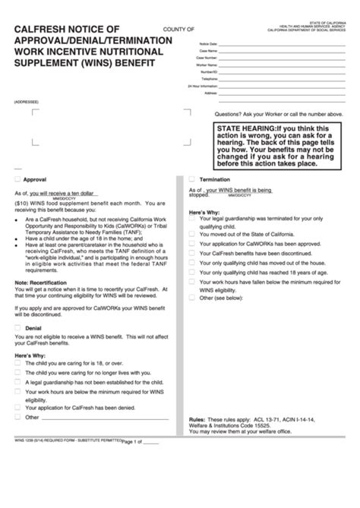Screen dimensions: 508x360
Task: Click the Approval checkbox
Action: pos(17,180)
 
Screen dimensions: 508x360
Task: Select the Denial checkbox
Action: pos(17,327)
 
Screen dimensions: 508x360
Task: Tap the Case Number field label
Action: pos(206,58)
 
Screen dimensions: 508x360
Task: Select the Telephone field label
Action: pos(208,79)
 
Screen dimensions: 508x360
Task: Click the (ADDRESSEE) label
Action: pos(26,102)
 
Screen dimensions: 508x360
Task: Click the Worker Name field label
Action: pos(205,65)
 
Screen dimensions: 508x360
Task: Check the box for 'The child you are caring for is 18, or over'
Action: pos(17,363)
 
